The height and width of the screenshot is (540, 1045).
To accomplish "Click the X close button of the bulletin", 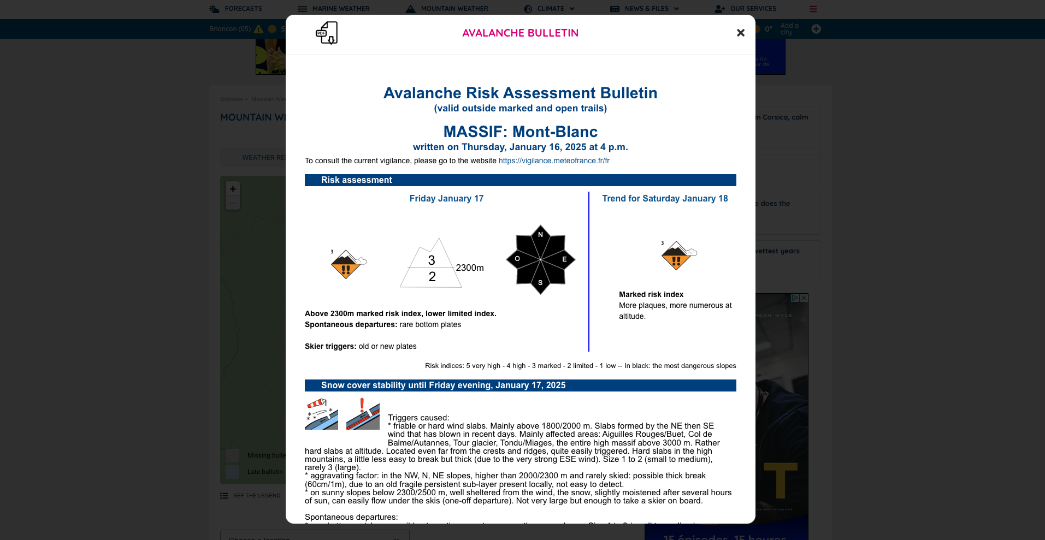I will (740, 33).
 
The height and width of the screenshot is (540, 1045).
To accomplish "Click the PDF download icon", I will (327, 33).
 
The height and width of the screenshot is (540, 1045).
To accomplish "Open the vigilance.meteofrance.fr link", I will (554, 161).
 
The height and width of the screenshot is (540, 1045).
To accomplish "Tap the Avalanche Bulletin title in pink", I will (520, 33).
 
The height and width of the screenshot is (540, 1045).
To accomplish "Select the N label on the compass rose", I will (540, 235).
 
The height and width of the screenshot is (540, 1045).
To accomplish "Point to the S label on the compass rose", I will (540, 282).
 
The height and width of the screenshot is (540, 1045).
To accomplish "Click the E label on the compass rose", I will (564, 259).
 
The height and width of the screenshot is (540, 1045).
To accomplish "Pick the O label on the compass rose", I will (517, 259).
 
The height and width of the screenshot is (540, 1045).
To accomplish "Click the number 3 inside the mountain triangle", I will (432, 260).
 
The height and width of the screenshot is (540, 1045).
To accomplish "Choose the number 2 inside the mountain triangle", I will (432, 277).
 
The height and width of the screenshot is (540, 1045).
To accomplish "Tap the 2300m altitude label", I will (470, 268).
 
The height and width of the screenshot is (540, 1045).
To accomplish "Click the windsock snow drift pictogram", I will (321, 414).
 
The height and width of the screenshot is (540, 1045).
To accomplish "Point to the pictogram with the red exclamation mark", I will (363, 414).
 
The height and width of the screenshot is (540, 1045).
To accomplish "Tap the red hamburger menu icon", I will (813, 9).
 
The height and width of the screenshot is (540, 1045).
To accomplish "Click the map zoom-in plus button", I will (233, 189).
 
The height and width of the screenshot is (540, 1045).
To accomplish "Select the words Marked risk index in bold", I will (651, 294).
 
